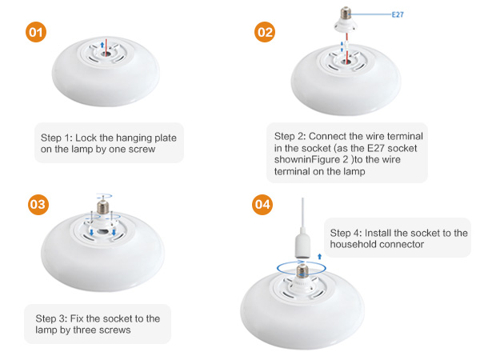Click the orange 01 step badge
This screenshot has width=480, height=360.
[36, 32]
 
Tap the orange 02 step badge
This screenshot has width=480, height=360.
[265, 32]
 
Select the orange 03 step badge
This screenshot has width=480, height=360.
[38, 205]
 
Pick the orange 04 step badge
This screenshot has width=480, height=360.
[262, 205]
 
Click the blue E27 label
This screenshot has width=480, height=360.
[398, 14]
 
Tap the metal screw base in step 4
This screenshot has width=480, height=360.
[302, 270]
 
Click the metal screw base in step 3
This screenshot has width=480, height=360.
[103, 207]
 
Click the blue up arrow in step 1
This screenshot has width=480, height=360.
[102, 45]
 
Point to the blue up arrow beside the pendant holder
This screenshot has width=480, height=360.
[319, 257]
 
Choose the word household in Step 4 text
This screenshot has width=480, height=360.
[354, 244]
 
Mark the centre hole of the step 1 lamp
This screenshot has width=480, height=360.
[106, 54]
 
